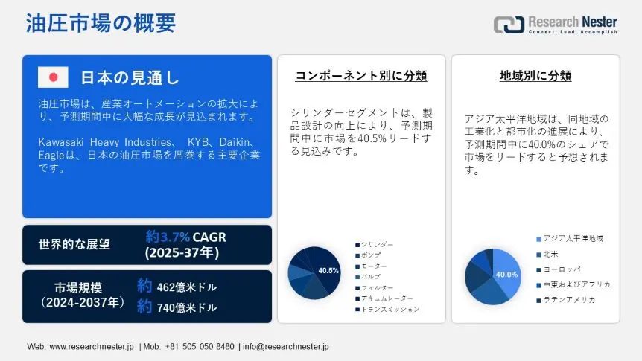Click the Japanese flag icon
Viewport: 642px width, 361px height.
pyautogui.click(x=53, y=77)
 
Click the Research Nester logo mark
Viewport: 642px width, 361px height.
pyautogui.click(x=509, y=25)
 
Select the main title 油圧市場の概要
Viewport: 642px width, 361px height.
pyautogui.click(x=101, y=23)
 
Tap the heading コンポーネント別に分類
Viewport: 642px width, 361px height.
pyautogui.click(x=361, y=76)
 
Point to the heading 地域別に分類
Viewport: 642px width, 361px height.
pyautogui.click(x=535, y=76)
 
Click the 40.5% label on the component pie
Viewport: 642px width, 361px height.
pyautogui.click(x=328, y=270)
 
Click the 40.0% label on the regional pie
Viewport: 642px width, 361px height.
pyautogui.click(x=507, y=275)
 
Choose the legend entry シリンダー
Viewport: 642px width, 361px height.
pyautogui.click(x=374, y=245)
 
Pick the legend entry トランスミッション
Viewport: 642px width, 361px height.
pyautogui.click(x=387, y=310)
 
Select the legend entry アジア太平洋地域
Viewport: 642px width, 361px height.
pyautogui.click(x=570, y=239)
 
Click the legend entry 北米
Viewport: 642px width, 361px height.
pyautogui.click(x=547, y=254)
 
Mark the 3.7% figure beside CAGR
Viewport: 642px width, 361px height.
pyautogui.click(x=175, y=237)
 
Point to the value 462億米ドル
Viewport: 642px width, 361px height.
pyautogui.click(x=187, y=287)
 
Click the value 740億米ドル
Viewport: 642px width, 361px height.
pyautogui.click(x=187, y=307)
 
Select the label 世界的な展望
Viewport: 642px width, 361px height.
pyautogui.click(x=74, y=244)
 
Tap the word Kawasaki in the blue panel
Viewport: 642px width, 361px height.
pyautogui.click(x=61, y=142)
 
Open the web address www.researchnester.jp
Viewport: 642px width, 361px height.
pyautogui.click(x=92, y=347)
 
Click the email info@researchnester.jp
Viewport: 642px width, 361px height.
pyautogui.click(x=286, y=347)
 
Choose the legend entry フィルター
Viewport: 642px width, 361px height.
pyautogui.click(x=374, y=288)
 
